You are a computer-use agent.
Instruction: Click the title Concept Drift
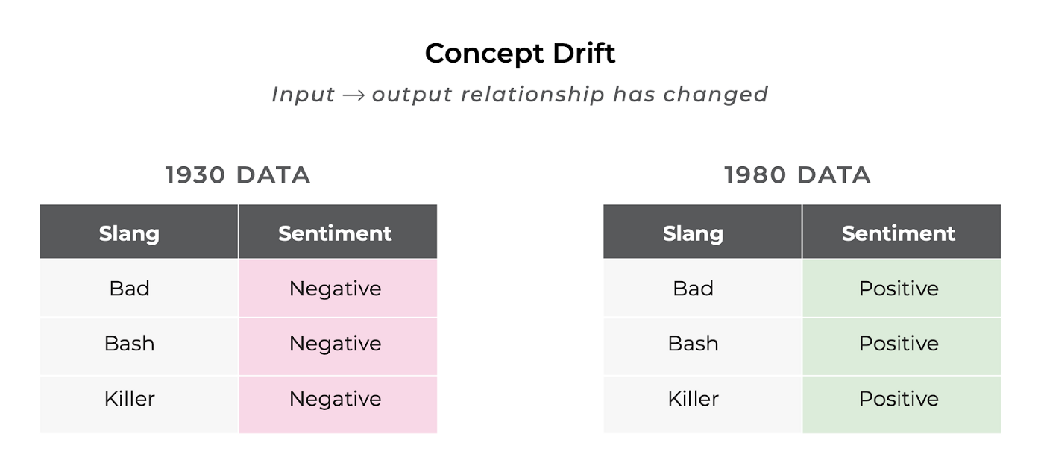tap(521, 53)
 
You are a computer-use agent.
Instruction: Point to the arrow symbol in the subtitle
tap(353, 95)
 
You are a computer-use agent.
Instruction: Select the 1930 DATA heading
tap(238, 175)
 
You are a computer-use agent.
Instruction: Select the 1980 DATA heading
tap(797, 175)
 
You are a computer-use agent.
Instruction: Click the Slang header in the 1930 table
tap(129, 233)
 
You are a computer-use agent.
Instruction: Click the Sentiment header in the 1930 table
tap(335, 233)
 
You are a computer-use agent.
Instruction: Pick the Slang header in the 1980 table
tap(693, 233)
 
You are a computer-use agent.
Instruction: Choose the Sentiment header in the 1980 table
tap(898, 233)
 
